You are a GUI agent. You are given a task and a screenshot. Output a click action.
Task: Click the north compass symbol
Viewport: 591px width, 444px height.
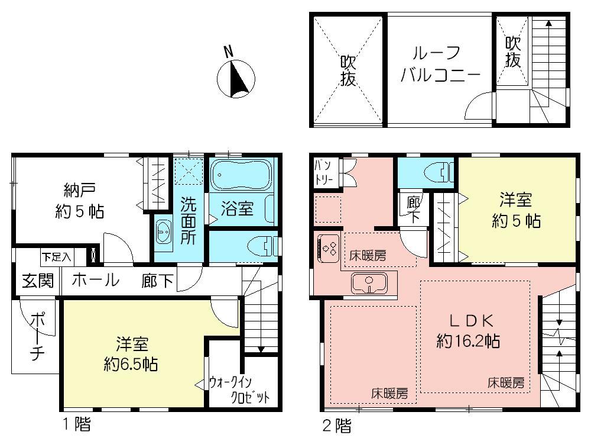(x=236, y=79)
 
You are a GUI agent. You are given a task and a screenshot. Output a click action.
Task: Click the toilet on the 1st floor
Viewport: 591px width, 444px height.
(x=259, y=245)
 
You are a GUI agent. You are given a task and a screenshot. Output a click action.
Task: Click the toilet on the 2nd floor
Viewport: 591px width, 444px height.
(x=437, y=172)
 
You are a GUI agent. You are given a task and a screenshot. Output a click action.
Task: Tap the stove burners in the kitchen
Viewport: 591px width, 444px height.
(x=327, y=246)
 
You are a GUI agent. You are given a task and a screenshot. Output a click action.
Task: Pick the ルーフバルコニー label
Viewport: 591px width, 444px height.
(x=439, y=64)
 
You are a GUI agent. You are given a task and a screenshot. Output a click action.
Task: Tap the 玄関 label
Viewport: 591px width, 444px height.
(x=37, y=281)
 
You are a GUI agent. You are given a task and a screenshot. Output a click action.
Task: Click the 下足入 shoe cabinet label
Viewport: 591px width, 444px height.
(x=57, y=257)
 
